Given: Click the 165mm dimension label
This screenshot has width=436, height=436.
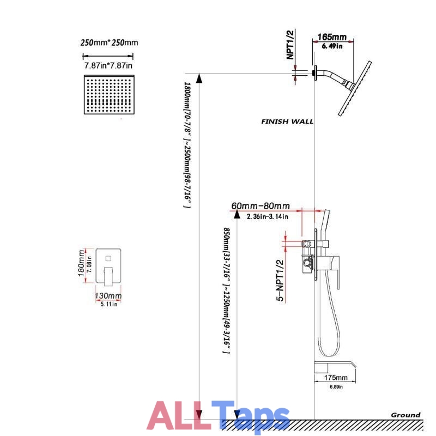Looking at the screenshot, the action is click(332, 37).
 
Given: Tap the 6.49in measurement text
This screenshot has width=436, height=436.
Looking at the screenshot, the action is click(332, 46).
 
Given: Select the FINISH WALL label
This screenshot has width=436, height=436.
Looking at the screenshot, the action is click(287, 122).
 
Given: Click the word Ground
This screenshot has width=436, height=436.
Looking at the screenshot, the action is click(405, 415).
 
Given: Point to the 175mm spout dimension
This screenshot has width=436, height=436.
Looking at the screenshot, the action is click(336, 378).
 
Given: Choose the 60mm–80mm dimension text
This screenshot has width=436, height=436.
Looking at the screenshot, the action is click(261, 206).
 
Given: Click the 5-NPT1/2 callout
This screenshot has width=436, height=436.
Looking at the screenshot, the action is click(280, 281).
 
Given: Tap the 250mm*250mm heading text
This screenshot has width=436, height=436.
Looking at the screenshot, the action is click(110, 43).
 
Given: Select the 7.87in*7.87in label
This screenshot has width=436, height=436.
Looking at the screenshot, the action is click(108, 65).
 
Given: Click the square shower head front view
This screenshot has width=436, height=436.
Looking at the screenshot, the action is click(109, 94).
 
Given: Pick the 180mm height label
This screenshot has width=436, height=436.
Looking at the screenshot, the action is click(81, 263).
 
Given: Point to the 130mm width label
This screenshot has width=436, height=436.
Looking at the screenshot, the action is click(108, 295).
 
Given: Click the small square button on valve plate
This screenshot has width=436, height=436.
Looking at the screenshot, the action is click(108, 258).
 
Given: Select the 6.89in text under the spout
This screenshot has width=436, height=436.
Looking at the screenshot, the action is click(336, 387).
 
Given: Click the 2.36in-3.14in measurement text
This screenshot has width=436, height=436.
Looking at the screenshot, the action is click(267, 216).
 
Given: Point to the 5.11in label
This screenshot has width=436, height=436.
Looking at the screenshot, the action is click(109, 304).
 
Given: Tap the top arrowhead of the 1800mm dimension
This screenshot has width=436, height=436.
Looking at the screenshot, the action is click(199, 78).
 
